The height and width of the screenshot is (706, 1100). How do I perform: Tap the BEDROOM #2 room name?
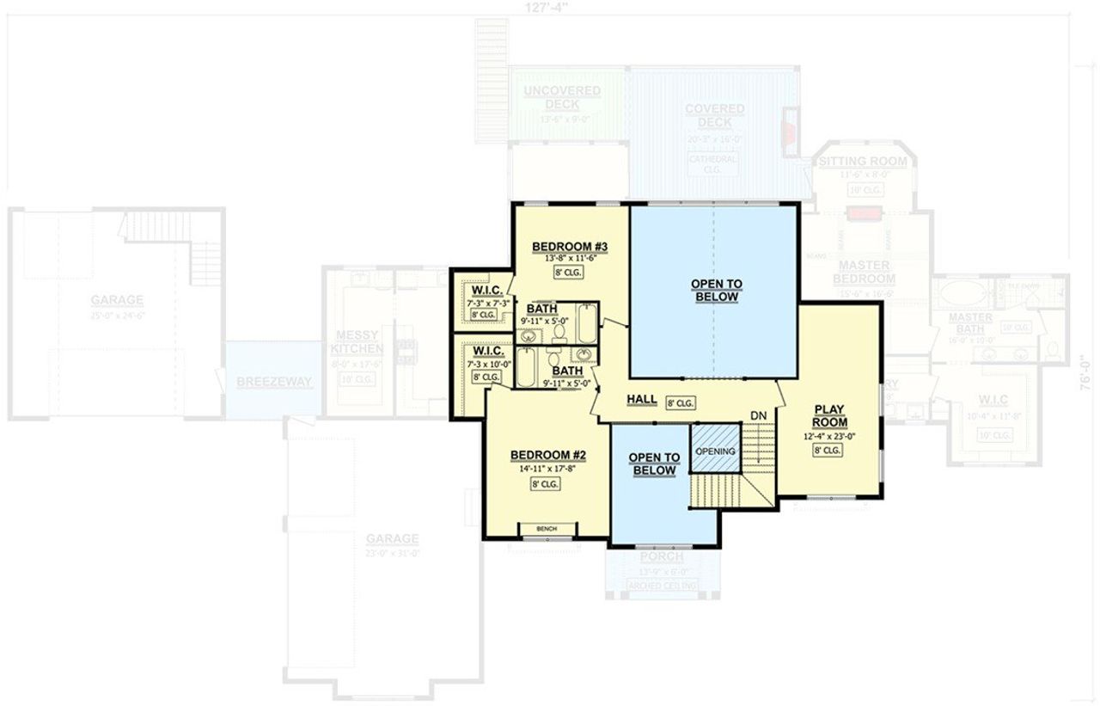tap(547, 455)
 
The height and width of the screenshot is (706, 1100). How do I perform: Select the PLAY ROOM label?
tap(830, 416)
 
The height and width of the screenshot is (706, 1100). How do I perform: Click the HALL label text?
tap(642, 399)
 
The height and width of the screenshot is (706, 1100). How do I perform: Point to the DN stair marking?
tap(758, 415)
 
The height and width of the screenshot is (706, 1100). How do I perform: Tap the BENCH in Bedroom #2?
tap(546, 528)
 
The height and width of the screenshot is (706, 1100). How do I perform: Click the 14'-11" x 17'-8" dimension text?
tap(547, 469)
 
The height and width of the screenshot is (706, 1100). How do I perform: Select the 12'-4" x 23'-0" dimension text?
tap(830, 436)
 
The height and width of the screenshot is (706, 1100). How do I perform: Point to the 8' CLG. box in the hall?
tap(681, 402)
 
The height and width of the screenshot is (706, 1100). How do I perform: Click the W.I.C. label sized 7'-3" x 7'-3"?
tap(481, 289)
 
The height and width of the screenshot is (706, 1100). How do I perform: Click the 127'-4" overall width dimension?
tap(547, 6)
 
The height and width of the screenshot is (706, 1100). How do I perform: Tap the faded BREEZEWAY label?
tap(274, 382)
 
